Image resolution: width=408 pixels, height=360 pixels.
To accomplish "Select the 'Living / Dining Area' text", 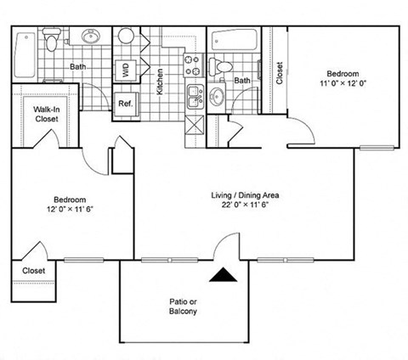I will pyautogui.click(x=246, y=195).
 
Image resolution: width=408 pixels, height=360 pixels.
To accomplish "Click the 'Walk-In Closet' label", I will pyautogui.click(x=46, y=115).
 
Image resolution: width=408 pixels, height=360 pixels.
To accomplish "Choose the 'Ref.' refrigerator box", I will pyautogui.click(x=126, y=104).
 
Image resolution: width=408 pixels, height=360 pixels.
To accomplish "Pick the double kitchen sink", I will pyautogui.click(x=194, y=94).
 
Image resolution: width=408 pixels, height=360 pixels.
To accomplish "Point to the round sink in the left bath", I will pyautogui.click(x=91, y=37).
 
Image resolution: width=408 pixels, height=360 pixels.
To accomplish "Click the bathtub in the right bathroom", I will pyautogui.click(x=244, y=40).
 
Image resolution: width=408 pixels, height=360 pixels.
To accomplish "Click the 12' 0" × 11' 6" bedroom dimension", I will pyautogui.click(x=71, y=208).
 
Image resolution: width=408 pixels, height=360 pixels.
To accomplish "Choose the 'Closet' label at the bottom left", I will pyautogui.click(x=34, y=270).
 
